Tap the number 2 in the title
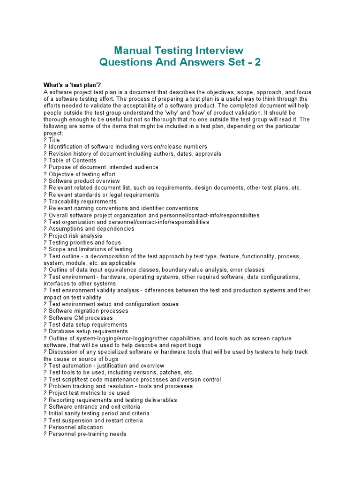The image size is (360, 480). tap(257, 62)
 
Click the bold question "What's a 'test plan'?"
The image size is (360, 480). tap(72, 85)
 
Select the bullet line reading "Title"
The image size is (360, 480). tap(54, 140)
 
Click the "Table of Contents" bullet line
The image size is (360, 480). tap(73, 160)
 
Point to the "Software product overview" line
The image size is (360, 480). tap(84, 181)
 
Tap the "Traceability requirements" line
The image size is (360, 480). tap(83, 202)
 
